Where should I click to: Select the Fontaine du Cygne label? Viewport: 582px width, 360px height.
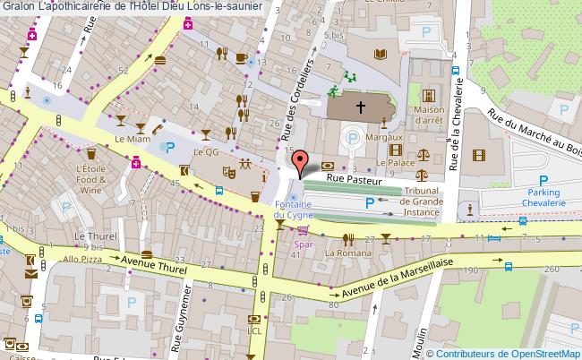pyautogui.click(x=293, y=210)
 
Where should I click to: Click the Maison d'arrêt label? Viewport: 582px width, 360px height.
pyautogui.click(x=429, y=116)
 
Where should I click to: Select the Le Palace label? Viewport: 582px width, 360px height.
pyautogui.click(x=393, y=164)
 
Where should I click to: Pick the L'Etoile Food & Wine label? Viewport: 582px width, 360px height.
pyautogui.click(x=91, y=179)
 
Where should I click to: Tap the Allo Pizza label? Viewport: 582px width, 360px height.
pyautogui.click(x=81, y=258)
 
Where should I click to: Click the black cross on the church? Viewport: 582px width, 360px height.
pyautogui.click(x=361, y=107)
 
